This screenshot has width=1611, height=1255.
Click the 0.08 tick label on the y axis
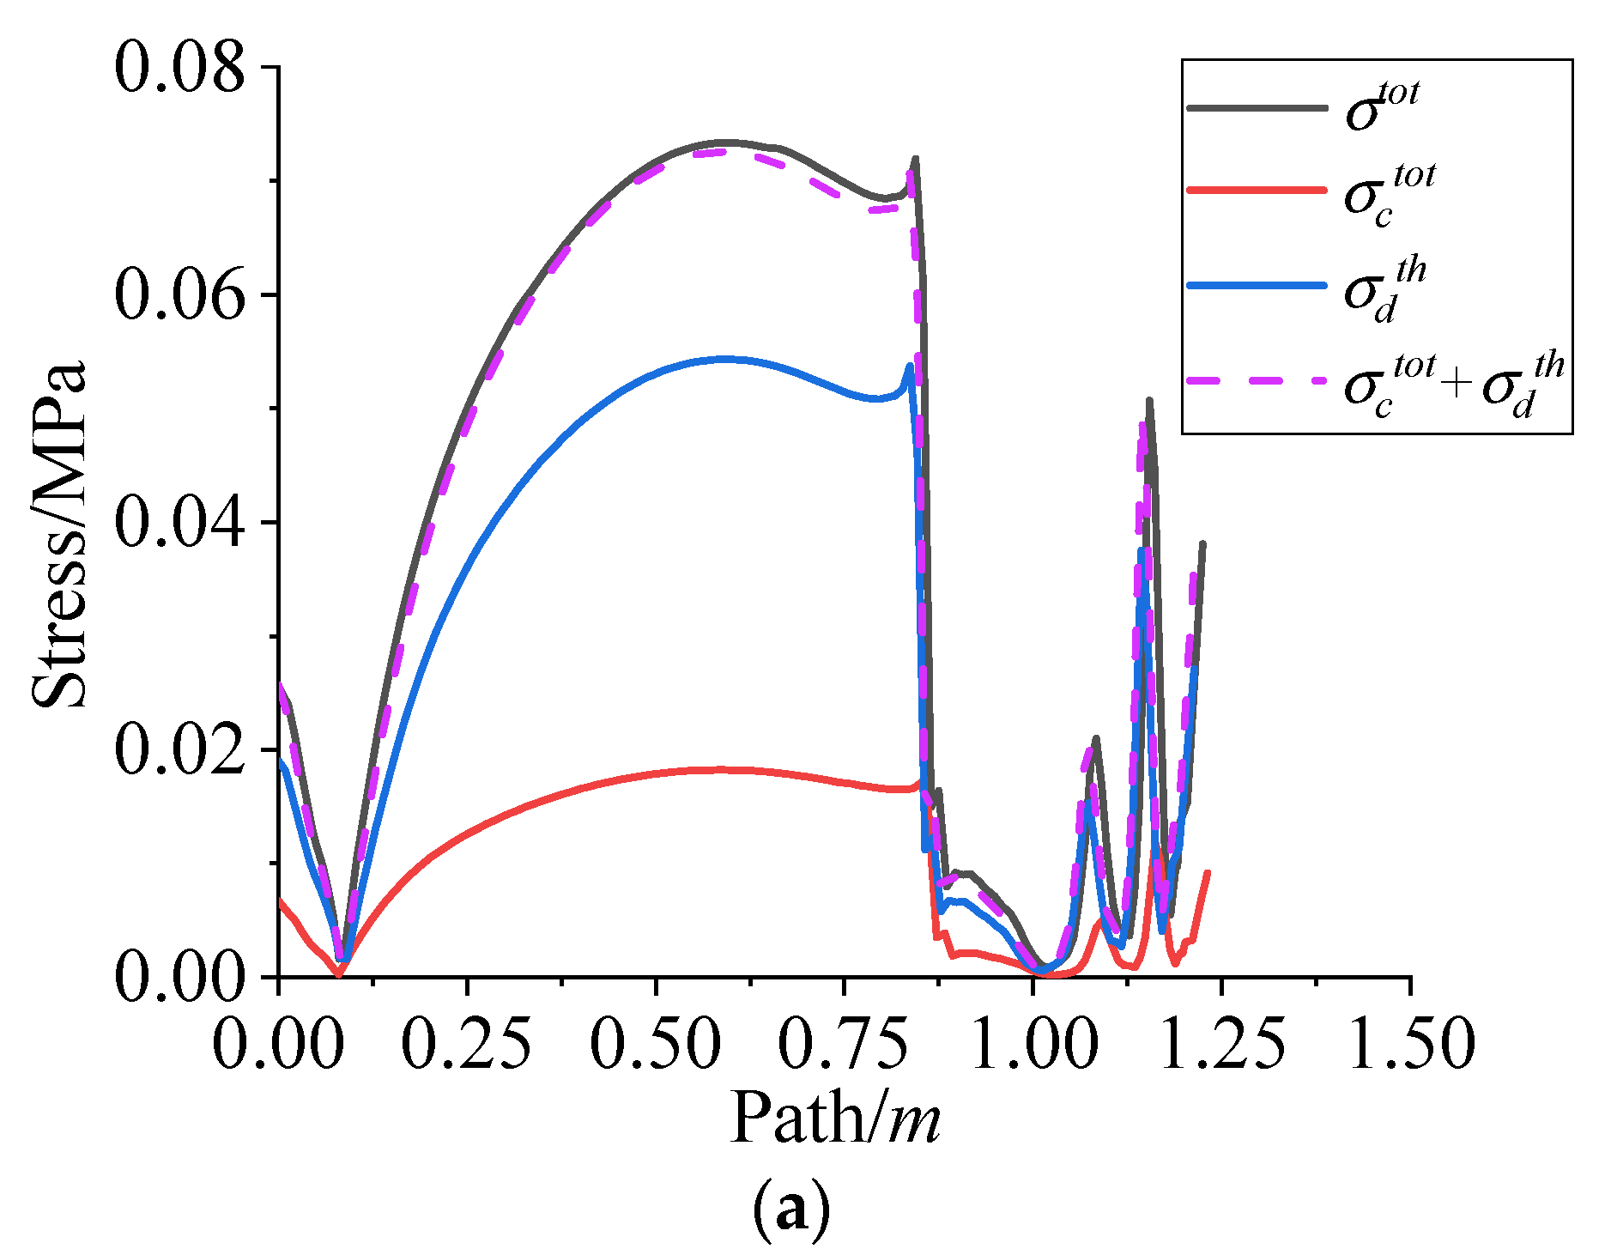click(179, 69)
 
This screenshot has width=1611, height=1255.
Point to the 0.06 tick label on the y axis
click(179, 296)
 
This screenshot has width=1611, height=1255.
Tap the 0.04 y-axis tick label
click(179, 523)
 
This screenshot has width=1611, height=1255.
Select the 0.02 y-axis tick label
click(179, 750)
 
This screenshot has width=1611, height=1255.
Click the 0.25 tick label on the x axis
click(467, 1044)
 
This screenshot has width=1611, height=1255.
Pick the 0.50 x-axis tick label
click(656, 1044)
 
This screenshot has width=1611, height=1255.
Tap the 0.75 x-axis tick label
click(844, 1044)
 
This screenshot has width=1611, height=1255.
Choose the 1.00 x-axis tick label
click(1033, 1044)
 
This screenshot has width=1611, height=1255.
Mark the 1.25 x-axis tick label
click(1221, 1044)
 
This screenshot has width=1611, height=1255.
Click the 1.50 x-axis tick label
click(1410, 1044)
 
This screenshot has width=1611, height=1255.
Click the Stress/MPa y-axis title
click(60, 534)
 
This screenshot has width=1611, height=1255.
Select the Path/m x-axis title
click(834, 1119)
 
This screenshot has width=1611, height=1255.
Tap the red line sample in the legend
click(1257, 190)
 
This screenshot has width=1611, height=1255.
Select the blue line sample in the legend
click(1257, 285)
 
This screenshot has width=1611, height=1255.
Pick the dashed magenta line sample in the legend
click(1257, 380)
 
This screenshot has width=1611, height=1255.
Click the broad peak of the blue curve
click(725, 359)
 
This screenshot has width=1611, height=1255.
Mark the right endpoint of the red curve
click(1208, 872)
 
